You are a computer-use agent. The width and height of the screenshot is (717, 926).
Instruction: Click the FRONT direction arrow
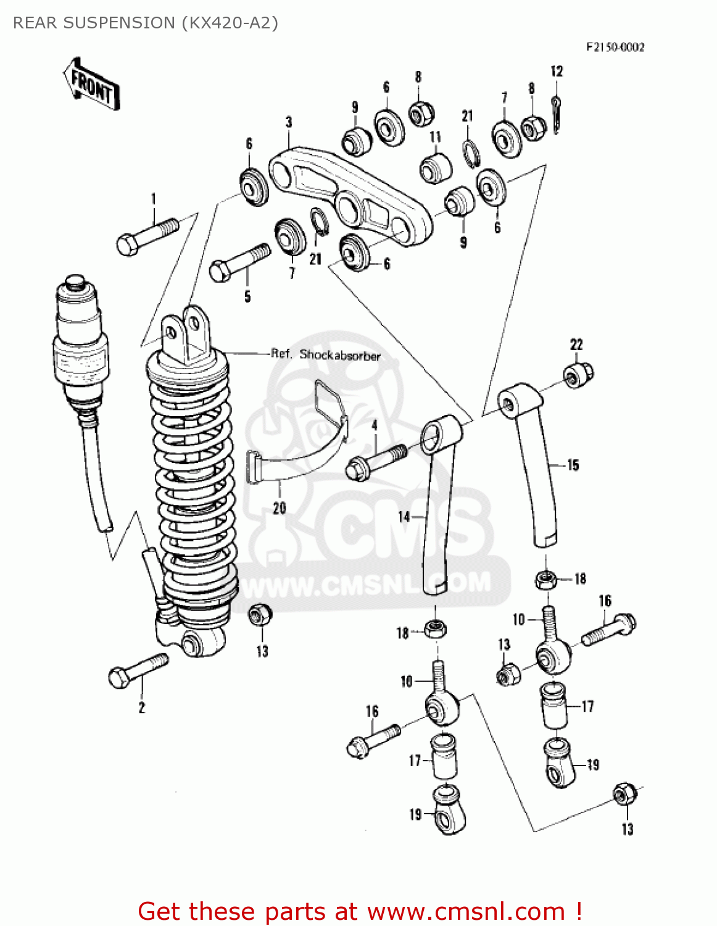point(91,85)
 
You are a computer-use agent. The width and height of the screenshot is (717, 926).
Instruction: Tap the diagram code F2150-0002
point(615,47)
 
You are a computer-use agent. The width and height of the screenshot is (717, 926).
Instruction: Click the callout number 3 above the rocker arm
point(288,122)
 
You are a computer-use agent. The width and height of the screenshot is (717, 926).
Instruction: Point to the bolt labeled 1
point(147,236)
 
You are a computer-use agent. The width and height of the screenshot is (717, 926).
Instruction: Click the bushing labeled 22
point(578,373)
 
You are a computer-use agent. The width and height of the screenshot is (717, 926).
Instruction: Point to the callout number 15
point(573,465)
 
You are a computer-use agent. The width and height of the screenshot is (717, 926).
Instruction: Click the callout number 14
point(404,515)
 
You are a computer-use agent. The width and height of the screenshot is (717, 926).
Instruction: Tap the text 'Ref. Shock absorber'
point(326,354)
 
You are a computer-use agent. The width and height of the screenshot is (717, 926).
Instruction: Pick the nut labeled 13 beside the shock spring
point(258,615)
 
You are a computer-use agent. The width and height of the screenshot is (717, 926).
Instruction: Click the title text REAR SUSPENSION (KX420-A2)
point(146,23)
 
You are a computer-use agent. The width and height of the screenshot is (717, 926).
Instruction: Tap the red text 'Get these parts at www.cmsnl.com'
point(360,911)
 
